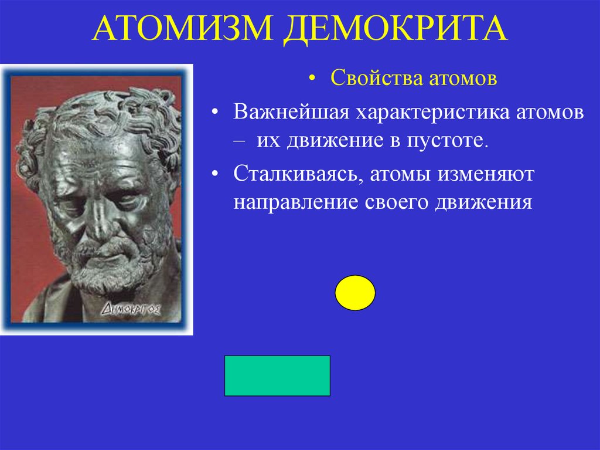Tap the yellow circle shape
pos(355,292)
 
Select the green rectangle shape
pos(277,375)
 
